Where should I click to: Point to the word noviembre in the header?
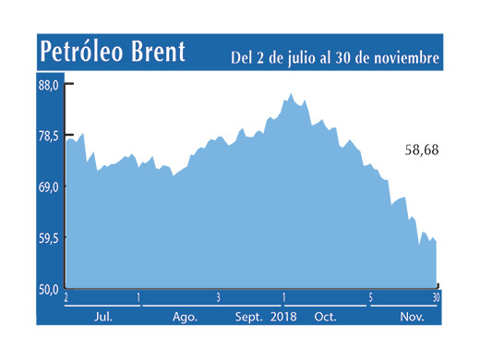coord(402,58)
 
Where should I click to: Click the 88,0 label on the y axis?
coord(49,84)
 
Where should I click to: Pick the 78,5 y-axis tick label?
coord(49,136)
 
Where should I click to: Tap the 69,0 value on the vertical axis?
coord(49,186)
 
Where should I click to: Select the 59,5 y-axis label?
coord(49,237)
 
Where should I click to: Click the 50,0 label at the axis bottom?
coord(49,288)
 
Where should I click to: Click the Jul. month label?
coord(103,316)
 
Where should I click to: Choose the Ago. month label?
coord(185,316)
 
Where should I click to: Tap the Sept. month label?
coord(251,316)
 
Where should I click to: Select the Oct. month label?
coord(325,316)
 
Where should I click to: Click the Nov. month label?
coord(407,316)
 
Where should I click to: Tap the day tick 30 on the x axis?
coord(436,297)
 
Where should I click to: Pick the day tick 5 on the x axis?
coord(370,297)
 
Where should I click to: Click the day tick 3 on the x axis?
coord(218,297)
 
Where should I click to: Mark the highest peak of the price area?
coord(291,93)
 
